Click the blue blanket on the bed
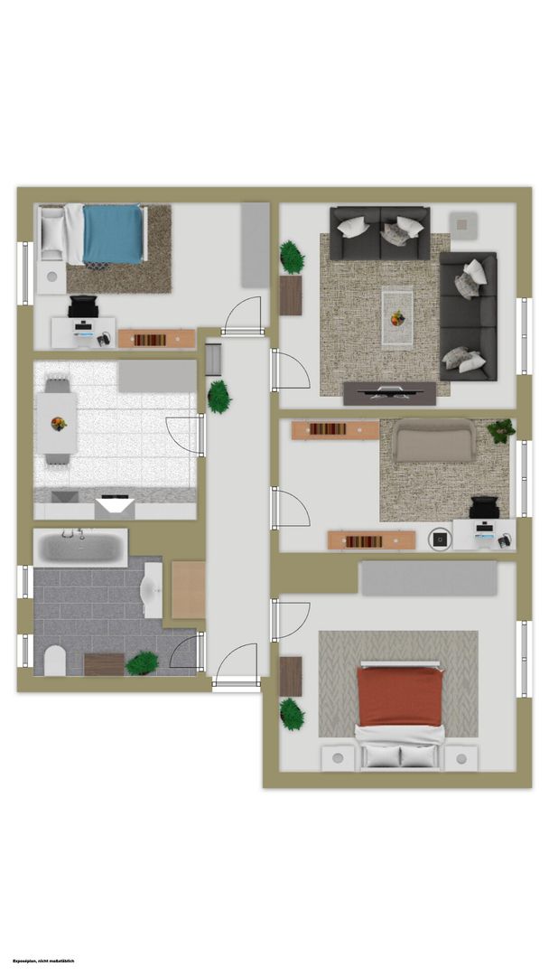click(113, 234)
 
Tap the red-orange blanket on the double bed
click(400, 697)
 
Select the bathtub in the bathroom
click(80, 548)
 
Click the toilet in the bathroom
click(55, 661)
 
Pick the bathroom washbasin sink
click(153, 590)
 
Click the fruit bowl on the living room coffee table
click(397, 319)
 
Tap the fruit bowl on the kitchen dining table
click(59, 424)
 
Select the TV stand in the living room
click(390, 393)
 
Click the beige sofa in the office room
click(434, 440)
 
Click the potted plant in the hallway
click(219, 397)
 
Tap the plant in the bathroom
click(142, 663)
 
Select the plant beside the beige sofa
click(501, 431)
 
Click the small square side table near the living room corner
click(463, 225)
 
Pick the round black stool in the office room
click(441, 539)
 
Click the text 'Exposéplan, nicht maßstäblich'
click(43, 962)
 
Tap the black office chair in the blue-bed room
click(83, 307)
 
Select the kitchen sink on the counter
click(65, 497)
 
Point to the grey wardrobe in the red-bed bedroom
click(429, 578)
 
